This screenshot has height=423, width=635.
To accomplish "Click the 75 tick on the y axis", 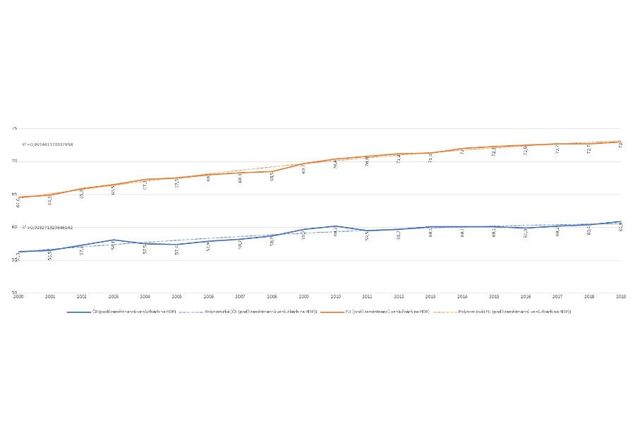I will pos(14,128).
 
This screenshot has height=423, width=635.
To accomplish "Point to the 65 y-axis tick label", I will pos(14,195).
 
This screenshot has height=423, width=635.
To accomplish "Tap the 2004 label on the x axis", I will pos(145,297).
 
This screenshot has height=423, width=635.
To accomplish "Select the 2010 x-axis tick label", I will pos(335,297).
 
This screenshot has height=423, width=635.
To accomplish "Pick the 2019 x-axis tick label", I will pos(620,297).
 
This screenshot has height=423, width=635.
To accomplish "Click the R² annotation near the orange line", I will pos(48,144).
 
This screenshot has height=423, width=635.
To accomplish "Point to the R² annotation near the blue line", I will pos(48,228).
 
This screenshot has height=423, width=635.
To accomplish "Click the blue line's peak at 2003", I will pos(113,240).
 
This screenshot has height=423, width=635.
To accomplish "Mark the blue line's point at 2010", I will pos(335,226).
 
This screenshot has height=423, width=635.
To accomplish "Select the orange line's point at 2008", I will pos(272,171).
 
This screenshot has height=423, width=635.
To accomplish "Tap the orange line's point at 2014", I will pos(462,149).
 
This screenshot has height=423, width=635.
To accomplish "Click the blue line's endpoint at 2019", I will pos(620,221).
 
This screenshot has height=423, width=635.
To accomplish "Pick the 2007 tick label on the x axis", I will pos(240,297).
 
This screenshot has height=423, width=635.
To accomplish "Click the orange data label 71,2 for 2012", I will pos(399,159).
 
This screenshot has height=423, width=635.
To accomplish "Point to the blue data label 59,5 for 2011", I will pos(367,237).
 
